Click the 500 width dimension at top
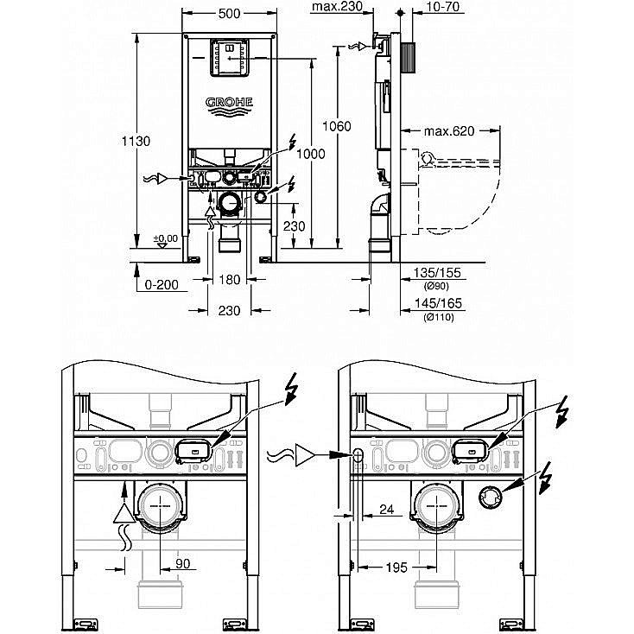click(228, 14)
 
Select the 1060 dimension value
click(338, 126)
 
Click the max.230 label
click(337, 8)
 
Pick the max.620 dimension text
click(450, 131)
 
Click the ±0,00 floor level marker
click(165, 238)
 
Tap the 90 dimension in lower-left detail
click(182, 563)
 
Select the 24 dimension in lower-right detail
click(387, 510)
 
